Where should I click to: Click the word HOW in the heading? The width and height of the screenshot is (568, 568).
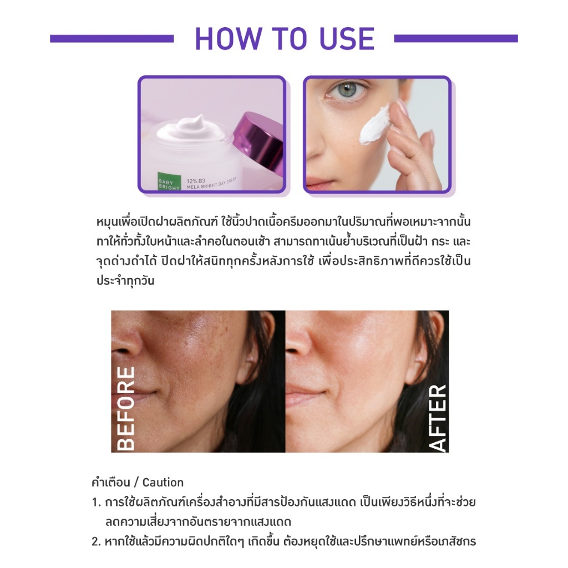coord(228,38)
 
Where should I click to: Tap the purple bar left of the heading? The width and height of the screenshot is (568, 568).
coord(112,38)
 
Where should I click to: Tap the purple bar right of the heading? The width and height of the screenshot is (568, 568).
coord(456,38)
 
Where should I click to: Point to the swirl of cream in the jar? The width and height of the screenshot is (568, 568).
coord(191,129)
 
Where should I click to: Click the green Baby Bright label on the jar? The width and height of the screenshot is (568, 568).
coord(169,181)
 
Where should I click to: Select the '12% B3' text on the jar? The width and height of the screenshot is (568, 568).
coord(196,181)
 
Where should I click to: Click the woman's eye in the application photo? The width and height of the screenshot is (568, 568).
coord(346,89)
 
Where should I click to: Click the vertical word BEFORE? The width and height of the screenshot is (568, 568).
coord(126,409)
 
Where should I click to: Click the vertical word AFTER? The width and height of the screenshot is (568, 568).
coord(437,417)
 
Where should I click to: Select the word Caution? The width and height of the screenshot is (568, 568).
coord(163,483)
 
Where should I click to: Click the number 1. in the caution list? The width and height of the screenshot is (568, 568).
coord(97,503)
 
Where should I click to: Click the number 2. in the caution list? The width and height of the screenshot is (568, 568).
coord(97,541)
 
